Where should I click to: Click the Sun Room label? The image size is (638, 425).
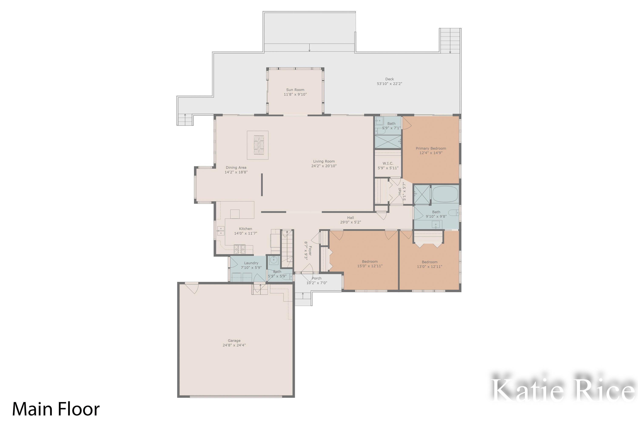click(295, 90)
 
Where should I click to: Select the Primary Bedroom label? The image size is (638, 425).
click(431, 148)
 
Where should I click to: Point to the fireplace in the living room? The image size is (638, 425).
click(259, 145)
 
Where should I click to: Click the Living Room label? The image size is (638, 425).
click(324, 161)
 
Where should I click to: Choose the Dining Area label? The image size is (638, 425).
click(236, 167)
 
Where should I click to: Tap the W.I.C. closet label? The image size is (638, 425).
click(388, 163)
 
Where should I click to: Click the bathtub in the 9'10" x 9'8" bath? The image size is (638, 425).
click(445, 194)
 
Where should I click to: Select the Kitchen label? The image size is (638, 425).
click(245, 229)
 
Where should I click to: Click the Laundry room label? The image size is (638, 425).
click(251, 263)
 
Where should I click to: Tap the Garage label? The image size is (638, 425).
click(234, 341)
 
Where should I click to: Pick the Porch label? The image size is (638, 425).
click(317, 278)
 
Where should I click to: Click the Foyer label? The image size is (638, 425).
click(310, 251)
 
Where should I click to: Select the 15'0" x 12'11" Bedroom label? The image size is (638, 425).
click(370, 262)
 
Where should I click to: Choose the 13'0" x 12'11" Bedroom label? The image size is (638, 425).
click(429, 262)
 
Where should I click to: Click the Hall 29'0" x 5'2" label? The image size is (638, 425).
click(350, 218)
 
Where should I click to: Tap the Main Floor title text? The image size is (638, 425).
click(56, 409)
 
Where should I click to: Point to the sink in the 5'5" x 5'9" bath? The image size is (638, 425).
click(274, 260)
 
